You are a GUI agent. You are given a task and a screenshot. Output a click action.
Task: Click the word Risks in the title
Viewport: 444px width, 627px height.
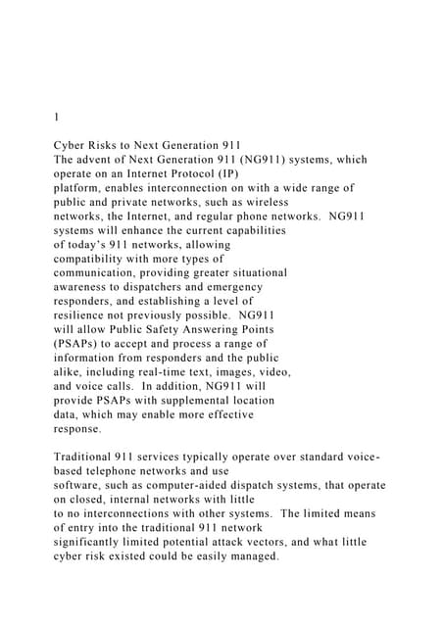pyautogui.click(x=110, y=144)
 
